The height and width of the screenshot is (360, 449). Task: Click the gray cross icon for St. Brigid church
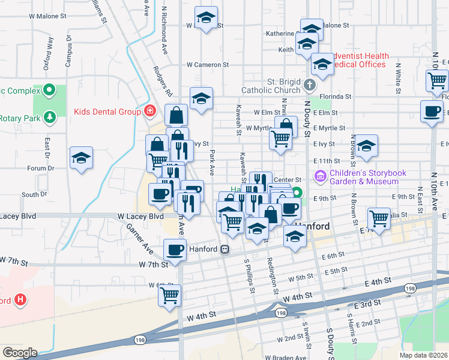(309, 85)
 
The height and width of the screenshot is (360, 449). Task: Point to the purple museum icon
(319, 176)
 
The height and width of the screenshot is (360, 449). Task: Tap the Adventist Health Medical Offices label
(360, 59)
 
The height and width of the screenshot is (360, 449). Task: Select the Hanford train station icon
(224, 249)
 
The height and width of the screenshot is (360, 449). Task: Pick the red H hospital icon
(20, 299)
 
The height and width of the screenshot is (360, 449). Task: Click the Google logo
(20, 353)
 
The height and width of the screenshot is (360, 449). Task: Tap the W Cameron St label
(208, 64)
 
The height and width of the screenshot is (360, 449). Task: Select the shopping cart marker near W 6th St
(170, 294)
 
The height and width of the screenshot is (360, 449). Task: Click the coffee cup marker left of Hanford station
(175, 250)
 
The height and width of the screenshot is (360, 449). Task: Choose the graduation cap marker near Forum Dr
(80, 158)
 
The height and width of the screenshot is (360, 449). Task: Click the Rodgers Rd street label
(163, 82)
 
